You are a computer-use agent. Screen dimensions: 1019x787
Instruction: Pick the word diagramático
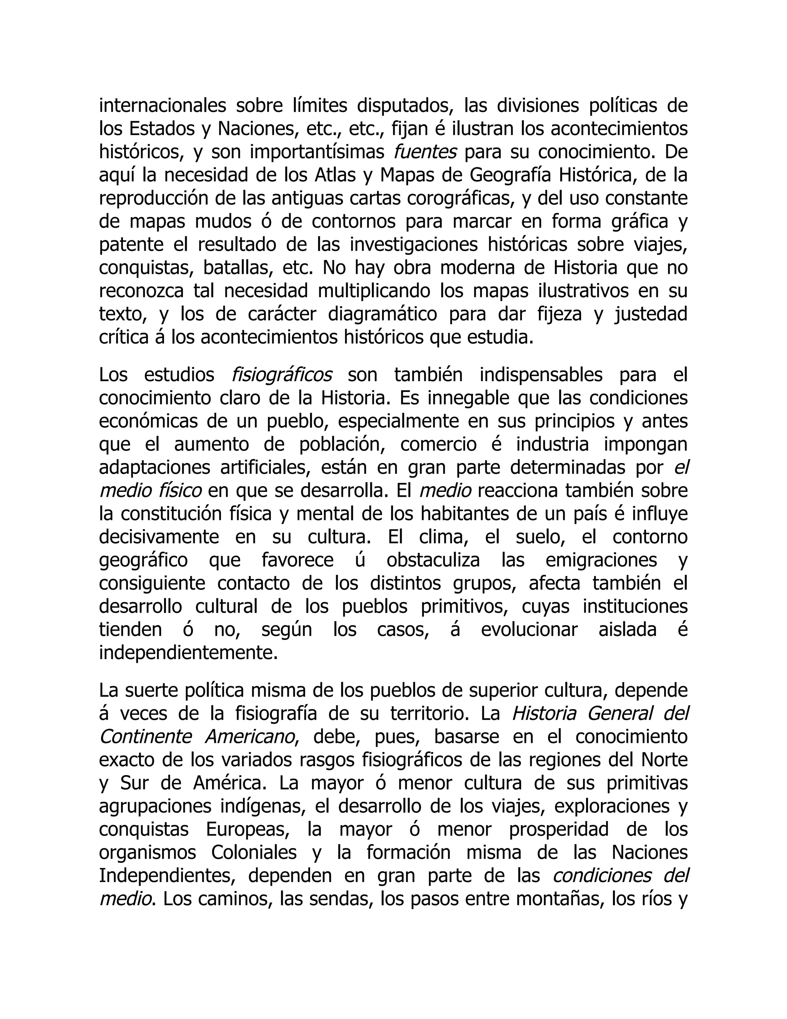coord(382,315)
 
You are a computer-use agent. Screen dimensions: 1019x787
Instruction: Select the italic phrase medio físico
coord(151,491)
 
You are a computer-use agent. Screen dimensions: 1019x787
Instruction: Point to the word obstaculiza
coord(433,560)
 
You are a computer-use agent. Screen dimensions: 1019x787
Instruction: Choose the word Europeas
coord(244,829)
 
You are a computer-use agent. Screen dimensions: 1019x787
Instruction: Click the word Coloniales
coord(254,852)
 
